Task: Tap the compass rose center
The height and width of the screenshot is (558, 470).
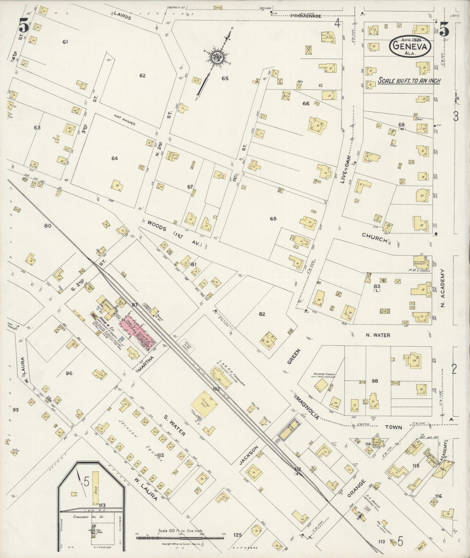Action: point(217,58)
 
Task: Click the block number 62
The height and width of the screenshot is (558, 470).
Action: point(142,76)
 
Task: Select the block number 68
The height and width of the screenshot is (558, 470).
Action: point(273,219)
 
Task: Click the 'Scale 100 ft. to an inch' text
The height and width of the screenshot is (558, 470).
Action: point(409,81)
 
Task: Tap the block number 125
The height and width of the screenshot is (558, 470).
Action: point(237,535)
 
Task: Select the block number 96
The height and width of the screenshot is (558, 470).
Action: point(69,373)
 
